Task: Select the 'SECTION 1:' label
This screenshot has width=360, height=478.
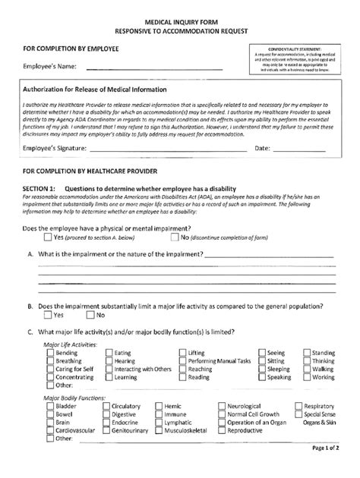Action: [40, 188]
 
